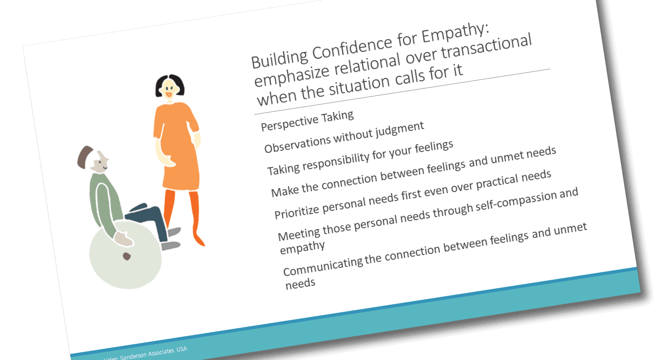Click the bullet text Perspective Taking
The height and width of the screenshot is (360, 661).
(x=307, y=120)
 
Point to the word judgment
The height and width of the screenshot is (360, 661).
(x=400, y=130)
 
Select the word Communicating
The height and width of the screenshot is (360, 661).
(x=323, y=265)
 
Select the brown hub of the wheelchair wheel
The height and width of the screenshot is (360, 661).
(x=127, y=256)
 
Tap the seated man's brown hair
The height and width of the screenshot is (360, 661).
(x=84, y=157)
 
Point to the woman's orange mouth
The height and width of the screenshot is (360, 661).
(x=169, y=95)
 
